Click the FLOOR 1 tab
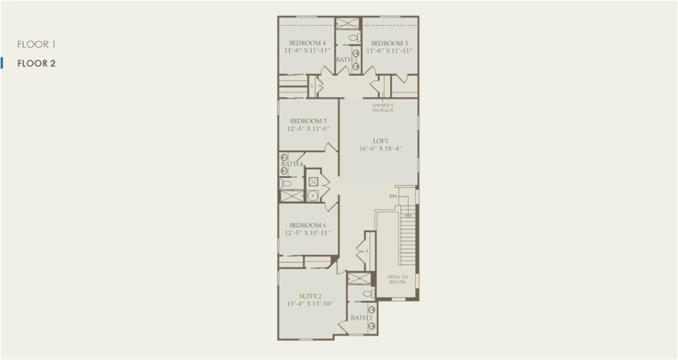[x=36, y=44]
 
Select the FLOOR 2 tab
[x=36, y=64]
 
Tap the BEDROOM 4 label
[x=307, y=43]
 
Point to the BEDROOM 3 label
[x=389, y=43]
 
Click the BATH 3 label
[x=346, y=60]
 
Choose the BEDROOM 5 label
[x=308, y=121]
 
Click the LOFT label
[x=381, y=141]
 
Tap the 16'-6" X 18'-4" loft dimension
[x=380, y=149]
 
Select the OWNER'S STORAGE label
[x=383, y=108]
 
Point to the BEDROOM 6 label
[x=308, y=225]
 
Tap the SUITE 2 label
[x=310, y=296]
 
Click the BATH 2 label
[x=361, y=318]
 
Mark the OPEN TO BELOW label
[x=397, y=280]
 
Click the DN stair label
[x=393, y=196]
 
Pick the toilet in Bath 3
[x=354, y=37]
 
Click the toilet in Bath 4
[x=285, y=184]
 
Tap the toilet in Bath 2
[x=368, y=294]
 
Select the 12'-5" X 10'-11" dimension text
[x=308, y=233]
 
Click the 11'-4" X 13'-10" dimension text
[x=310, y=304]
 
